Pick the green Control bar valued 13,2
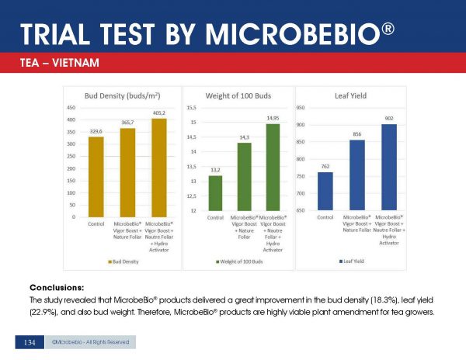pyautogui.click(x=215, y=193)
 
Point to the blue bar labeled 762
pyautogui.click(x=325, y=191)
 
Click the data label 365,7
pyautogui.click(x=127, y=123)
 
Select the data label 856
pyautogui.click(x=357, y=134)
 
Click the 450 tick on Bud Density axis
pyautogui.click(x=70, y=108)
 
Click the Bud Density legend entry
pyautogui.click(x=127, y=261)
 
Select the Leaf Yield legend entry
pyautogui.click(x=357, y=261)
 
